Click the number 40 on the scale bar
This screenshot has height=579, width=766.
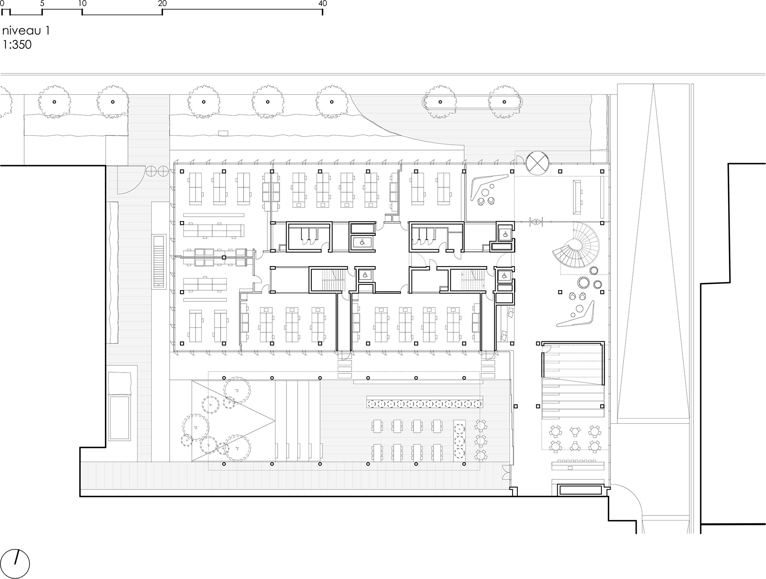click(x=322, y=3)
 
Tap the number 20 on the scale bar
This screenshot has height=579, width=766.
click(x=162, y=3)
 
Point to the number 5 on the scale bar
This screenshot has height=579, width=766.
click(x=42, y=3)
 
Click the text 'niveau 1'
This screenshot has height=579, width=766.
click(x=26, y=31)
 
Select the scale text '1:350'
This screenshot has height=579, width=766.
click(x=17, y=45)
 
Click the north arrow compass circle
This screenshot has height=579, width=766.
click(x=15, y=564)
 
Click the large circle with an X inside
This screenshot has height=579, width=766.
click(x=537, y=162)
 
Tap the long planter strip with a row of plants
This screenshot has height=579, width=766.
click(x=424, y=404)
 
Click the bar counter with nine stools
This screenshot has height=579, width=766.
click(x=578, y=465)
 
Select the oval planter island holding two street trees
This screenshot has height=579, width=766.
click(x=472, y=102)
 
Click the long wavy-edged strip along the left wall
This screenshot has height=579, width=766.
click(x=114, y=273)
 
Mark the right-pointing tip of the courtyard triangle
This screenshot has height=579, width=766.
click(x=275, y=421)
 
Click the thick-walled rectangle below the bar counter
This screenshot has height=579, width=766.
click(x=580, y=490)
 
